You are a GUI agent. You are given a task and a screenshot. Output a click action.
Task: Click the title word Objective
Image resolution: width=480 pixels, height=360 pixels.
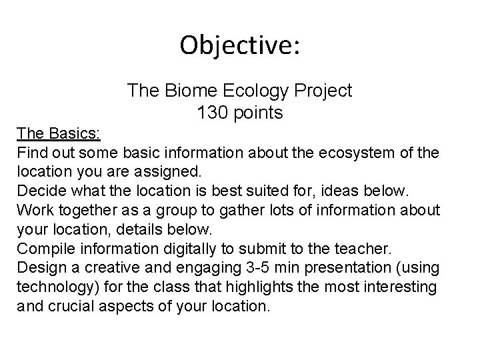tap(240, 46)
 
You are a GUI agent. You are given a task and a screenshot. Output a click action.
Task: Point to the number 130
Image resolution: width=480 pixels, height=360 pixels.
tap(213, 113)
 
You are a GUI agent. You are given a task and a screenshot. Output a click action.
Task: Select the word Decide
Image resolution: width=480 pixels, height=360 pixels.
tap(41, 191)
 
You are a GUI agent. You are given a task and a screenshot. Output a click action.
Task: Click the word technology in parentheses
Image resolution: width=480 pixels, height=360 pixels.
tap(54, 288)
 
